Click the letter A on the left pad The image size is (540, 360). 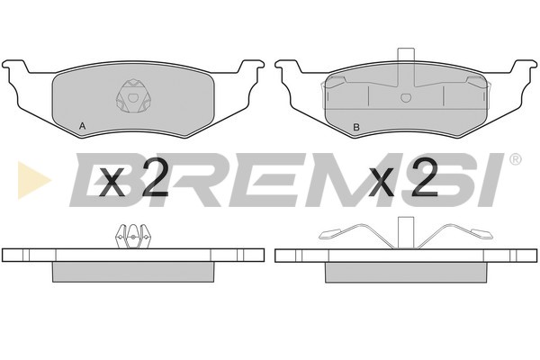click(82, 126)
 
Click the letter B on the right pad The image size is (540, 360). click(356, 127)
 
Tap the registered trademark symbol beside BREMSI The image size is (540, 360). click(515, 159)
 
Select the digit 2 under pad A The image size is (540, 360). click(154, 177)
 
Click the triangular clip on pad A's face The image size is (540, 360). click(132, 96)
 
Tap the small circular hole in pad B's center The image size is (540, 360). click(406, 98)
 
